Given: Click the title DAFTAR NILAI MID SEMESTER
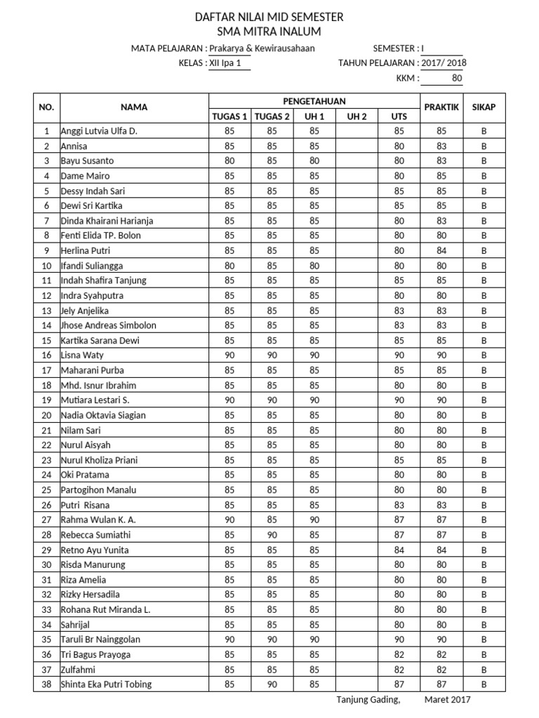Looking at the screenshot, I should click(269, 17).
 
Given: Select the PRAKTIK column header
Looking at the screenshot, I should click(441, 107).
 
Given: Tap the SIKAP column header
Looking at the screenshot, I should click(484, 107).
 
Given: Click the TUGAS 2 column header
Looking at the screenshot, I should click(272, 116).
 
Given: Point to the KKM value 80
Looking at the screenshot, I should click(457, 79).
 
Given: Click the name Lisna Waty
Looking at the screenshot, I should click(82, 355).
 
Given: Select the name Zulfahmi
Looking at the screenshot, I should click(79, 670).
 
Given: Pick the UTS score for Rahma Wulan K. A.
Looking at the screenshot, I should click(399, 520).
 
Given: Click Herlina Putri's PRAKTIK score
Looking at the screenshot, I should click(441, 250).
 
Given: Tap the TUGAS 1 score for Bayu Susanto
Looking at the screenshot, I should click(229, 161).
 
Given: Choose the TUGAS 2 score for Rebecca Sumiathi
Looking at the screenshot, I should click(272, 535).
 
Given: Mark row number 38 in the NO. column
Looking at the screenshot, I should click(47, 684).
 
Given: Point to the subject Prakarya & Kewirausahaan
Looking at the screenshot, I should click(262, 48).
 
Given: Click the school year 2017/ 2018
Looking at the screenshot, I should click(444, 63).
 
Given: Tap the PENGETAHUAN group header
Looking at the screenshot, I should click(314, 102).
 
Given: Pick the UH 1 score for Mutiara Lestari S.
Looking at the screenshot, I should click(314, 400).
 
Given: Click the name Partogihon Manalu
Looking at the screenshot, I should click(98, 490).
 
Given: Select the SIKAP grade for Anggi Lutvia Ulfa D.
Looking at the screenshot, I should click(484, 130).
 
